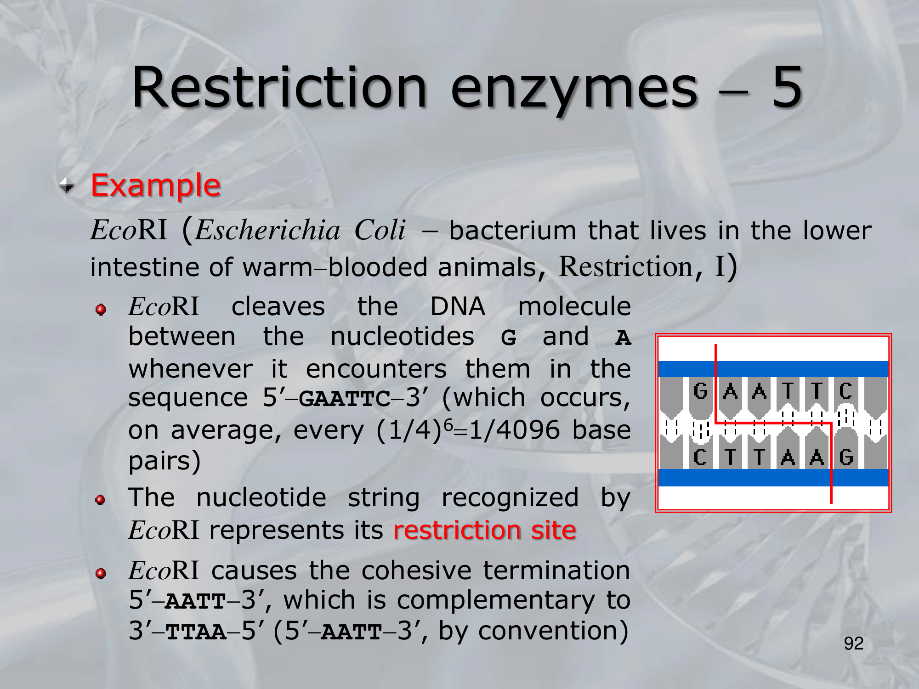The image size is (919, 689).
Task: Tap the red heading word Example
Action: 156,185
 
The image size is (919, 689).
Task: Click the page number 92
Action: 853,643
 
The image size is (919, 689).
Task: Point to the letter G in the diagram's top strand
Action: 700,391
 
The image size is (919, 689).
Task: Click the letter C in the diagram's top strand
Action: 845,391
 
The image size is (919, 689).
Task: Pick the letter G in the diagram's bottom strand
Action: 846,457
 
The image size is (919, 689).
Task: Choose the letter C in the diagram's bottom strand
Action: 700,457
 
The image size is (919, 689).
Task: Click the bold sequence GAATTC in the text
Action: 345,399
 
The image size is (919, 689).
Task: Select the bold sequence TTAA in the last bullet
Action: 196,632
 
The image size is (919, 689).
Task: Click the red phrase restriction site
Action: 485,530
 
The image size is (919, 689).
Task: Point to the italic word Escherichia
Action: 268,230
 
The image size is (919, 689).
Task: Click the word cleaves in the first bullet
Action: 278,306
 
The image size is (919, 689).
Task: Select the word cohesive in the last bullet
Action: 417,570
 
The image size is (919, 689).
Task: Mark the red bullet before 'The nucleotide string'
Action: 101,500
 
